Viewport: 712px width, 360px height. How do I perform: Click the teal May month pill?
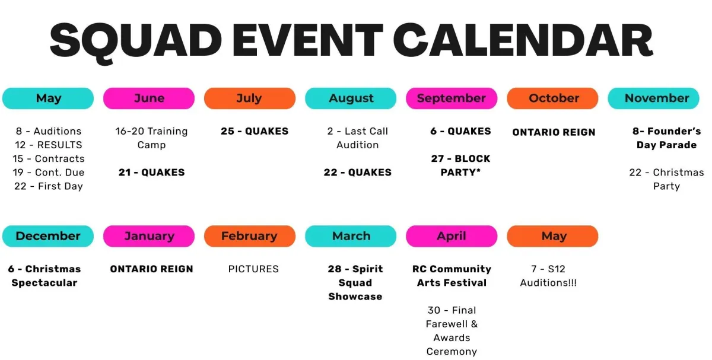[48, 98]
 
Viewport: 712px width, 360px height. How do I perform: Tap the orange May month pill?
[552, 236]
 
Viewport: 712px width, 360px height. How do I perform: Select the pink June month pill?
[149, 98]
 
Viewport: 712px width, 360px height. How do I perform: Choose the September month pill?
[452, 98]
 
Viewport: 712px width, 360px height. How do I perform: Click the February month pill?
[250, 236]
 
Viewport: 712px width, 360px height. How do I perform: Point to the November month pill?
[653, 98]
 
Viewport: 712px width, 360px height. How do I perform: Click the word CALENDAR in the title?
[523, 40]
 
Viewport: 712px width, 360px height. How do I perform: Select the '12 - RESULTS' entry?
[48, 145]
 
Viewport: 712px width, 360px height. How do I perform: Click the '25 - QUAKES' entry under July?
[255, 131]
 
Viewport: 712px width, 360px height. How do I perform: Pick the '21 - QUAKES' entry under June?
[152, 172]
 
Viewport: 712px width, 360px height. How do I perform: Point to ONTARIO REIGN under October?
[554, 132]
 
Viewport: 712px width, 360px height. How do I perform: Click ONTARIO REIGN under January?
[152, 269]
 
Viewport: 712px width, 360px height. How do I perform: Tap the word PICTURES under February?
[253, 269]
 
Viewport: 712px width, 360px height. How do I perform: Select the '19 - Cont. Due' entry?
[48, 172]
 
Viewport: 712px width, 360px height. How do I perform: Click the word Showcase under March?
[355, 297]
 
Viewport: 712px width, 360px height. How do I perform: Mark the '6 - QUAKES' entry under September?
[460, 131]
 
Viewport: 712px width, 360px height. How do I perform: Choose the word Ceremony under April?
[452, 352]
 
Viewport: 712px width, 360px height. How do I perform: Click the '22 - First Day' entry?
[48, 186]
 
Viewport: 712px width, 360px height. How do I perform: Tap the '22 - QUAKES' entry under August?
[358, 172]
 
